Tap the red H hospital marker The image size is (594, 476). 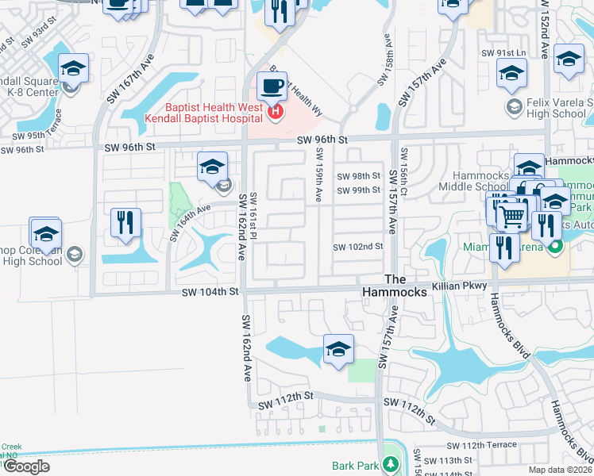pos(276,112)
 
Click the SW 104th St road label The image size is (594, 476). pos(210,292)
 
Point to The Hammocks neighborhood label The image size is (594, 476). pos(405,286)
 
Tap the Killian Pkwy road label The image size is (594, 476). pos(461,284)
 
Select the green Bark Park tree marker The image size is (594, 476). pos(390,463)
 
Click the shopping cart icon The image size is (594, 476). pos(513,215)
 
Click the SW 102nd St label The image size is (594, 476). pos(358,247)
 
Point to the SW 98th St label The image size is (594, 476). pos(359,176)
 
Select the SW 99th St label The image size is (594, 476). pos(359,190)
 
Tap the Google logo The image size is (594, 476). pos(26,466)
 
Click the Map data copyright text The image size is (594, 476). pos(561,470)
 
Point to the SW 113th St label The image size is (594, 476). pos(449,460)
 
